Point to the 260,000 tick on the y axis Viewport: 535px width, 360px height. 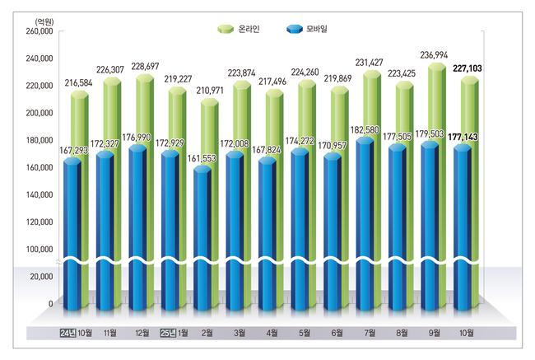[x=40, y=31]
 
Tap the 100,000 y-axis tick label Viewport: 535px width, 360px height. [x=40, y=249]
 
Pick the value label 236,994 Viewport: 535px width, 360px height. [x=438, y=54]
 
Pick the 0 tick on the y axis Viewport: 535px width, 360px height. [x=50, y=304]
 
